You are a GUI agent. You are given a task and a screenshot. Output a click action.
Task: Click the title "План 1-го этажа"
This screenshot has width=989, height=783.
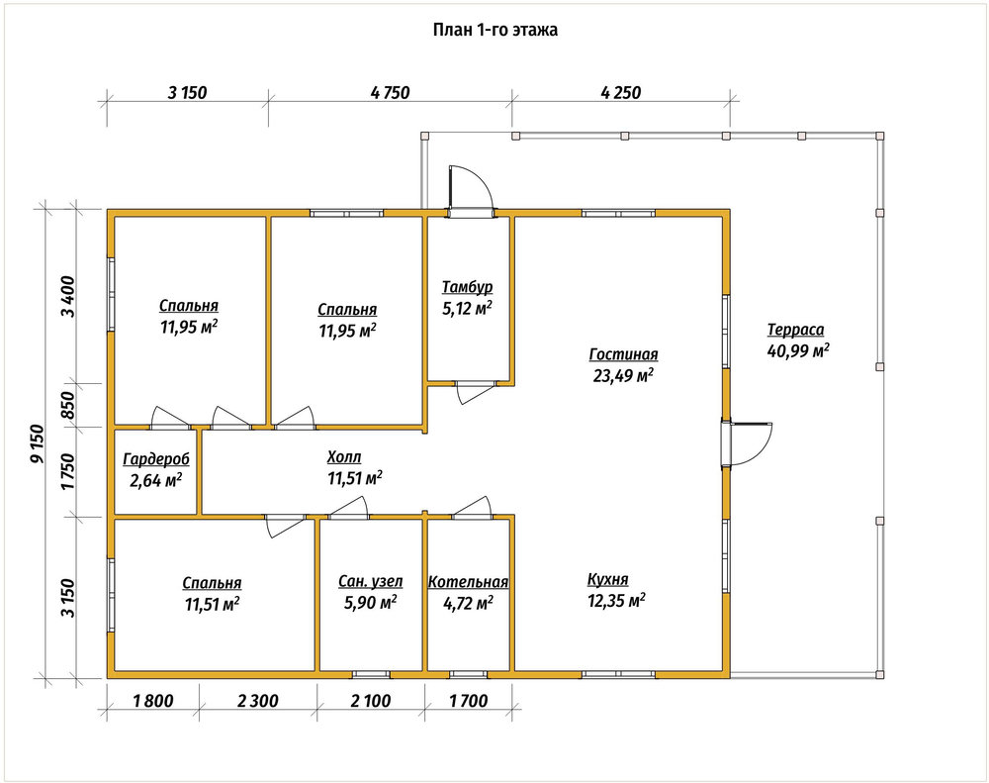[x=495, y=30]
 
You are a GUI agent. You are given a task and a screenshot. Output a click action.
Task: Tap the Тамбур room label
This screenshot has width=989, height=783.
[x=467, y=287]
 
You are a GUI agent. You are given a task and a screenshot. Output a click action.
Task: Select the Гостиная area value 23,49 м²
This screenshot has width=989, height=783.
[x=623, y=376]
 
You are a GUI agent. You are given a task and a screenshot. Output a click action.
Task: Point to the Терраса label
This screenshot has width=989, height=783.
[x=795, y=330]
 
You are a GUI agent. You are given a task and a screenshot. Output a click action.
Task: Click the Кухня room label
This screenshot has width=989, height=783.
[x=607, y=580]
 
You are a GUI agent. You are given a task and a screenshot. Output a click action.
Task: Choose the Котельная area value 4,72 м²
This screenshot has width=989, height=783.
[x=468, y=604]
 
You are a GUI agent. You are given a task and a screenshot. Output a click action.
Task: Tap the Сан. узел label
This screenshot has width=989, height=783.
[x=370, y=582]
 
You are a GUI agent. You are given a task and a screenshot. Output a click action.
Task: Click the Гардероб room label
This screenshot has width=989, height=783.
[x=156, y=459]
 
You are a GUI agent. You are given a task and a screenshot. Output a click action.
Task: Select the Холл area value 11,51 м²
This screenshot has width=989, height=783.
[x=354, y=478]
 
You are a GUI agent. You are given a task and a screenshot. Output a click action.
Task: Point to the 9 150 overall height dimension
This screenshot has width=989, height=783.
[x=38, y=443]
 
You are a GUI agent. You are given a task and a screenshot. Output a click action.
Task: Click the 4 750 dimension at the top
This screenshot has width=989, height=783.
[x=391, y=93]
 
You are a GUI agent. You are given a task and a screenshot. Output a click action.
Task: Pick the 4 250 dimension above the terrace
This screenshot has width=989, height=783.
[x=621, y=93]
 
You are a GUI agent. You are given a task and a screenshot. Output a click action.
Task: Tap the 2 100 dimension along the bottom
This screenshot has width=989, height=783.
[x=370, y=700]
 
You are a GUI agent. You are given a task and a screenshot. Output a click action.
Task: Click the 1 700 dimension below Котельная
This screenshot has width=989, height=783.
[x=468, y=700]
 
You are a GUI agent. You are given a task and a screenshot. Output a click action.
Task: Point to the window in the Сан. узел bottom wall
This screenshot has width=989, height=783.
[x=372, y=674]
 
